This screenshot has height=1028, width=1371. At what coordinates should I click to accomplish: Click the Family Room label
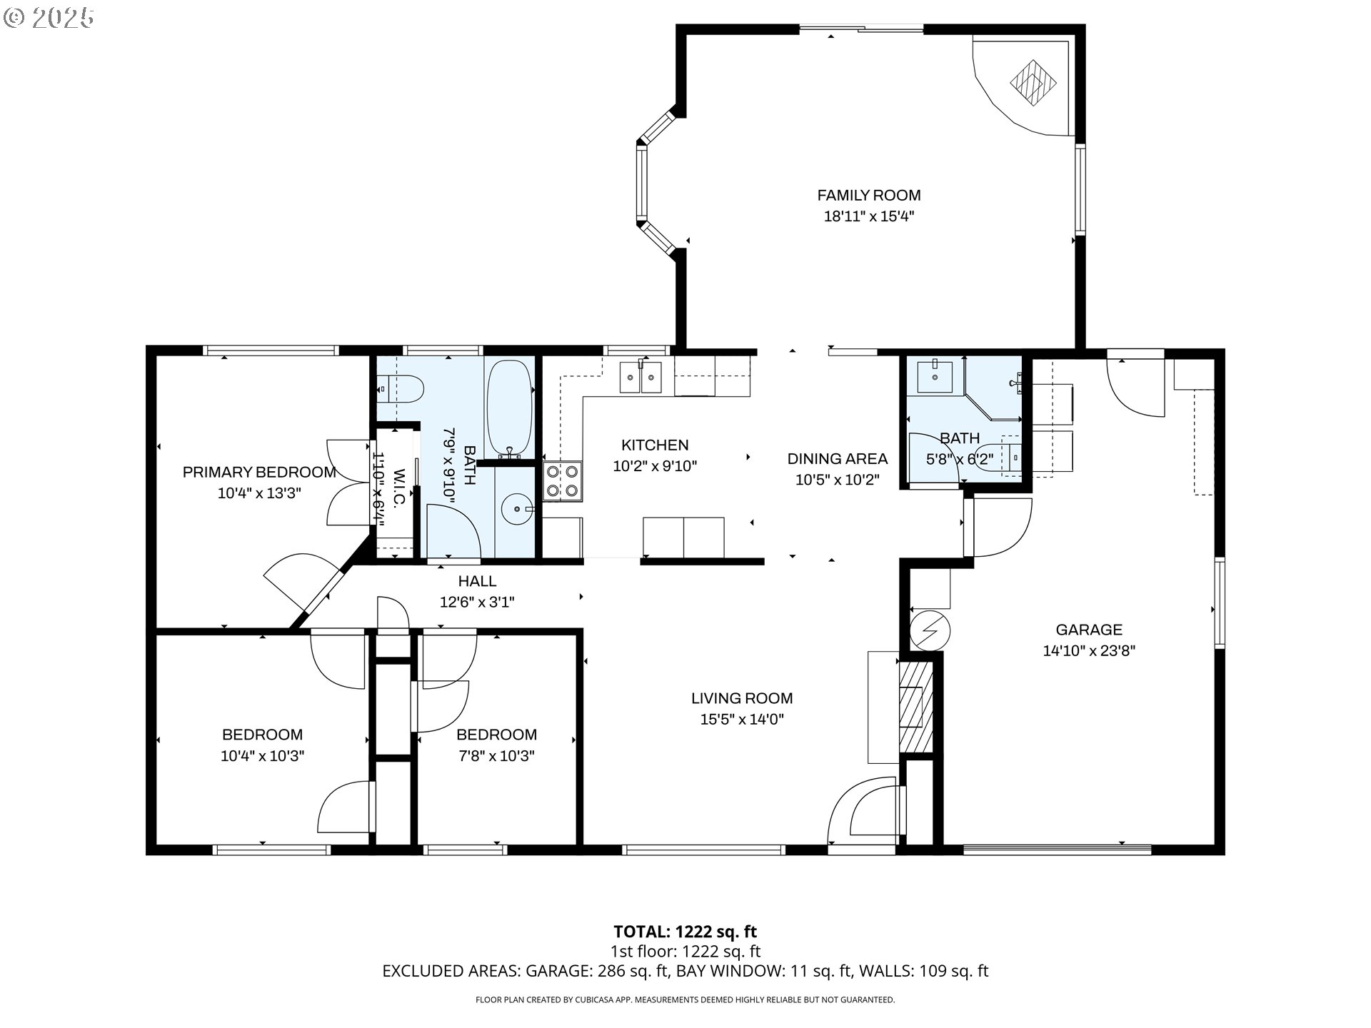(x=869, y=195)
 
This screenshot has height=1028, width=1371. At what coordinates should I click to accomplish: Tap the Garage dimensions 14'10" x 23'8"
(x=1089, y=650)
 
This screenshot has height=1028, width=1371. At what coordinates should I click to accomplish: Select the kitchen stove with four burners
(x=563, y=481)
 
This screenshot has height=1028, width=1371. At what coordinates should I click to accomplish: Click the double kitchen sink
(x=641, y=377)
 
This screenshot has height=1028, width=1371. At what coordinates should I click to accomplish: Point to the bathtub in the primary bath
(x=509, y=408)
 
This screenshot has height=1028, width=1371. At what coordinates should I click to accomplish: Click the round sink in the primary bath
(x=516, y=509)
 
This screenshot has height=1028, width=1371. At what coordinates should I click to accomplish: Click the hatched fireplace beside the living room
(x=915, y=707)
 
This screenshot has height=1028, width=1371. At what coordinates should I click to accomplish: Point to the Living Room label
(x=742, y=698)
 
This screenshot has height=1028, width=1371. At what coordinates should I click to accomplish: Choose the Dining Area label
(x=838, y=459)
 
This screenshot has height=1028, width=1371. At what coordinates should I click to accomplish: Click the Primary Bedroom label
(x=259, y=472)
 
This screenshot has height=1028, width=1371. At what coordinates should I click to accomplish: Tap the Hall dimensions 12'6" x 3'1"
(x=477, y=602)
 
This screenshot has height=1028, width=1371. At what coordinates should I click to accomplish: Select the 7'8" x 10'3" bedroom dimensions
(x=497, y=755)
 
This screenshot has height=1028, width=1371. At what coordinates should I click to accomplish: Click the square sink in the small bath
(x=934, y=377)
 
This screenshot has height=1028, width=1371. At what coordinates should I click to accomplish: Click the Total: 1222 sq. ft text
(x=685, y=932)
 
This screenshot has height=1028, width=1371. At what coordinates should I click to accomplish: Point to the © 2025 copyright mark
(x=49, y=18)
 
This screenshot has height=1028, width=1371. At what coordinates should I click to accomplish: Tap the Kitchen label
(x=655, y=445)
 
